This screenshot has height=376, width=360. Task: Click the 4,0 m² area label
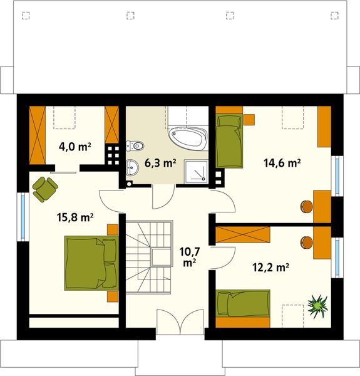75,147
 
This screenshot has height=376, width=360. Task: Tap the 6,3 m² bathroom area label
160,163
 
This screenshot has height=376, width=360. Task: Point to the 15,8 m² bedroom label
75,218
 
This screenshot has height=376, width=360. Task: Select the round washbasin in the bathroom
133,167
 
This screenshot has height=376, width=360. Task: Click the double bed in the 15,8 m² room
90,263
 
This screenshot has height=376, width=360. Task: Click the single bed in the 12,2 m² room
243,304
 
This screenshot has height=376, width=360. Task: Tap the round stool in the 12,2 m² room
307,241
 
